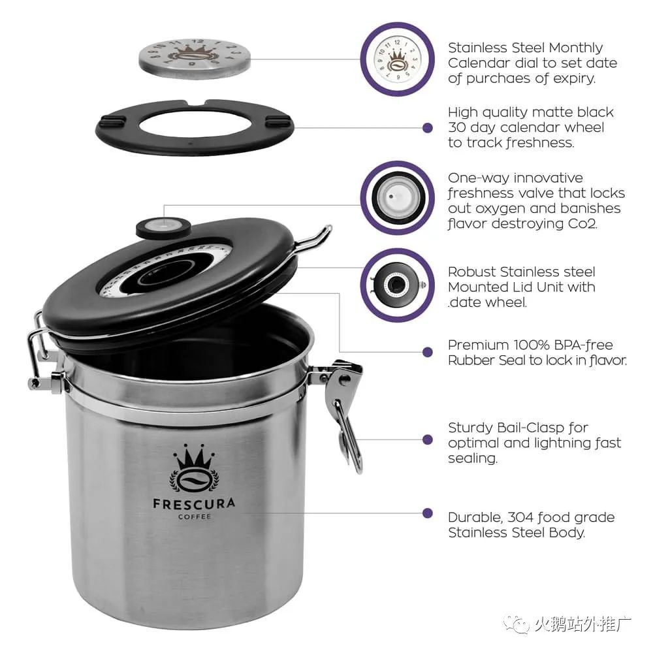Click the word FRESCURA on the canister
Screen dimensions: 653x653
194,503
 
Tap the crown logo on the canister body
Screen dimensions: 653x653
194,468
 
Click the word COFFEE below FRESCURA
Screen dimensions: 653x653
195,517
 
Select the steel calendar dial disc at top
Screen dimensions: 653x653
195,58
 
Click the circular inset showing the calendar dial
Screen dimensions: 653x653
397,59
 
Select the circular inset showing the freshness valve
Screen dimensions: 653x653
397,198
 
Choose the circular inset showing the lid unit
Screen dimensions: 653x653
397,285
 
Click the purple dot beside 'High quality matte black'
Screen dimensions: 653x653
427,128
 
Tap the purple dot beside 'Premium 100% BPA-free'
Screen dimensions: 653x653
427,353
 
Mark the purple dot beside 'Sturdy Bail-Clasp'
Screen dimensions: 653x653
427,439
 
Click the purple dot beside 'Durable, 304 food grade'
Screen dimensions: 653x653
427,513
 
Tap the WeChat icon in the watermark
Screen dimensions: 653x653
517,624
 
